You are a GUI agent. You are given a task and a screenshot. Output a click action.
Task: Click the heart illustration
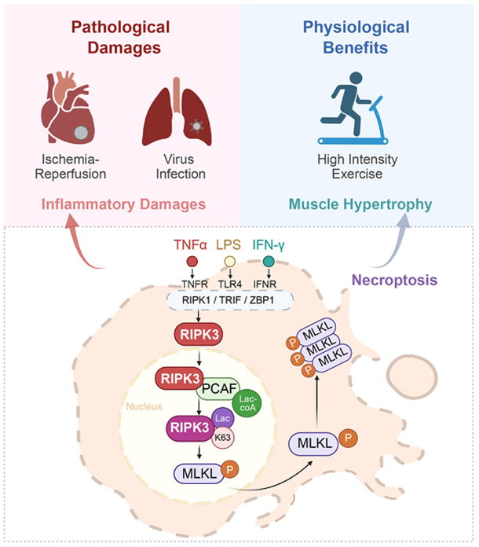[68, 108]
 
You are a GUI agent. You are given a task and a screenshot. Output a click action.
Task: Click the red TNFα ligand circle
[192, 261]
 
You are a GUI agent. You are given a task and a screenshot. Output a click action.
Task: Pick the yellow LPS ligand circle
[230, 261]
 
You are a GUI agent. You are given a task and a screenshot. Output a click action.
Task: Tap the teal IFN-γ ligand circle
[269, 261]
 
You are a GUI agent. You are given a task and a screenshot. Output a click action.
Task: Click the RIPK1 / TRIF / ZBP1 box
[230, 300]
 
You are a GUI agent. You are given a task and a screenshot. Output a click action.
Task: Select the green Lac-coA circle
[247, 403]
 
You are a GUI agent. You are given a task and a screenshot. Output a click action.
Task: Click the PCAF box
[218, 388]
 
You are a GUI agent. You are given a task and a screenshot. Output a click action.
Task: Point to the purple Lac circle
[223, 418]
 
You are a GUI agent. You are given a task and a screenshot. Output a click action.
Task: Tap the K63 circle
[223, 438]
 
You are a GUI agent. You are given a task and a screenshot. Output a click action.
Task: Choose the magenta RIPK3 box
[190, 428]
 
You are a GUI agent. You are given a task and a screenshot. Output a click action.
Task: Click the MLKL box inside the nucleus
[199, 473]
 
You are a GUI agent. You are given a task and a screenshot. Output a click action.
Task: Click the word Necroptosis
[394, 280]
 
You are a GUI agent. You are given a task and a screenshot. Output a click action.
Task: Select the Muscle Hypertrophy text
[360, 204]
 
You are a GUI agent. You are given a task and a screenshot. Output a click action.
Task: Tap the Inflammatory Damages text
[123, 204]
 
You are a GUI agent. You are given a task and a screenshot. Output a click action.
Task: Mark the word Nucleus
[144, 406]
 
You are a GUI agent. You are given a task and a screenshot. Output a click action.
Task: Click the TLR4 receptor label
[230, 285]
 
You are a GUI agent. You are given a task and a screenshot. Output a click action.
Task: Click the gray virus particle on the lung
[197, 126]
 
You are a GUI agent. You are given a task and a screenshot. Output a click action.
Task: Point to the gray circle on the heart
[81, 133]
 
